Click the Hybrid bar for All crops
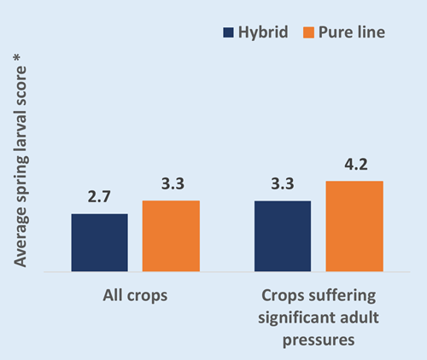[x=100, y=242]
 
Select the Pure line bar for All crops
[x=171, y=236]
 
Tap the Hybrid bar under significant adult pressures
[x=283, y=236]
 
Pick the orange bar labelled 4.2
[x=354, y=226]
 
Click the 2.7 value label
[x=99, y=197]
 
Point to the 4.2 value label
[x=356, y=165]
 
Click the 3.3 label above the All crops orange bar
[x=173, y=183]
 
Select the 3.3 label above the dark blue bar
[x=283, y=183]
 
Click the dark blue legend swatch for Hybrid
[x=228, y=32]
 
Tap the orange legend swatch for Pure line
[x=308, y=32]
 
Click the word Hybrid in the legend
[x=263, y=32]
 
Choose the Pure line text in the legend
[x=352, y=32]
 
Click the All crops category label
[x=135, y=296]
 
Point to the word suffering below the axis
[x=342, y=296]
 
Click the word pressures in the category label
[x=319, y=340]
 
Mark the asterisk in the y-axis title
[x=17, y=58]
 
